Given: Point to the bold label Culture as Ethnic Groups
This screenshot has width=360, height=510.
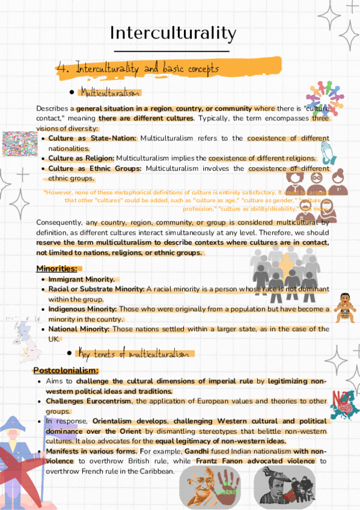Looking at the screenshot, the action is click(95, 168).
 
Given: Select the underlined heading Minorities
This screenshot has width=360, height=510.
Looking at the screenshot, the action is click(56, 268).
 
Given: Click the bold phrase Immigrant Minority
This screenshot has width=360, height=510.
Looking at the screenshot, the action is click(81, 279).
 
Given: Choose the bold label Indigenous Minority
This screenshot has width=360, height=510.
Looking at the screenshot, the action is click(83, 309).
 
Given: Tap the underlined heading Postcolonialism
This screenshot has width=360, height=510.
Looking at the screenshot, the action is click(66, 370).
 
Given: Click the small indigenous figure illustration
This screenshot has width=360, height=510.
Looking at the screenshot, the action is click(345, 306).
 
